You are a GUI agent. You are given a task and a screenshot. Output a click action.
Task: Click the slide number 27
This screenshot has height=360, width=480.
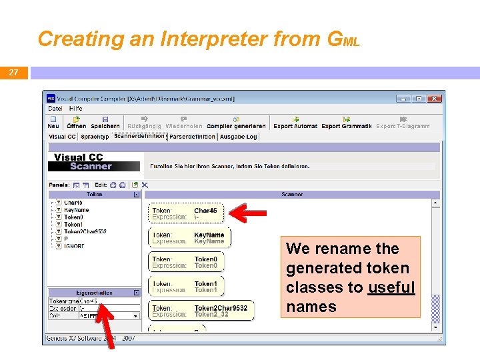[x=13, y=73]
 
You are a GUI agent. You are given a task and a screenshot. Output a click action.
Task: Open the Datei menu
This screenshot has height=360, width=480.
[x=55, y=109]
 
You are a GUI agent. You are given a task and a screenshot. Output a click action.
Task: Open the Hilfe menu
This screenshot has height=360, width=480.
[x=75, y=109]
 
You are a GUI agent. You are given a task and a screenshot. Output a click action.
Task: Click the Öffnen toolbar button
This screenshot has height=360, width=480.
[x=77, y=123]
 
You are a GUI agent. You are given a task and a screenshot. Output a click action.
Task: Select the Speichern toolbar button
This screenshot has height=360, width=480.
[x=105, y=123]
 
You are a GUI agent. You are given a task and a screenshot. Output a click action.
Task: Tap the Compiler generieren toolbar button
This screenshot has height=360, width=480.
[x=236, y=123]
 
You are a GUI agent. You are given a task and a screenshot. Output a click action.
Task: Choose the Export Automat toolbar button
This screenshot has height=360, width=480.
[x=295, y=123]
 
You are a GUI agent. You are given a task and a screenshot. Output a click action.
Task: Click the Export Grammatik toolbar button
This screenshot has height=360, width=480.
[x=346, y=123]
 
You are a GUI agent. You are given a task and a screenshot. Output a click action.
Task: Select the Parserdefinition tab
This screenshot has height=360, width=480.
[x=192, y=137]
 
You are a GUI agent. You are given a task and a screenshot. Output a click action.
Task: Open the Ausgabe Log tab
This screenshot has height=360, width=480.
[x=238, y=137]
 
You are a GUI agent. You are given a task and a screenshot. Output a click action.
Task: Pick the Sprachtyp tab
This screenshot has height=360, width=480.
[x=95, y=137]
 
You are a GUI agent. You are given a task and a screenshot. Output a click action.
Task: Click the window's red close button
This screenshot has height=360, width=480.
[x=434, y=98]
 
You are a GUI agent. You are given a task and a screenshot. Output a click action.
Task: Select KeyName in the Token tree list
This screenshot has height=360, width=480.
[x=76, y=210]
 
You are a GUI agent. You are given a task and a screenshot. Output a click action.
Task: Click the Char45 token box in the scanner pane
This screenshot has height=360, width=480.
[x=187, y=213]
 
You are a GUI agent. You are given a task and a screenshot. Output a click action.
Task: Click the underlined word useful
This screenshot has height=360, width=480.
[x=391, y=287]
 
